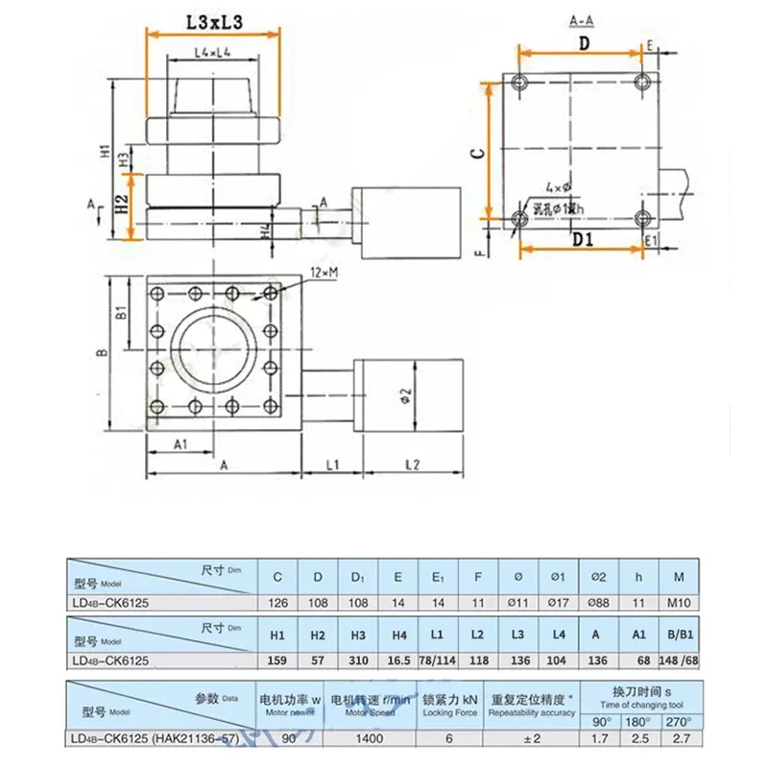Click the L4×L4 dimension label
(209, 52)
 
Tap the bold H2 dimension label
(121, 204)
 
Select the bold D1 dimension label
(583, 239)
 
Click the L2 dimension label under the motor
(412, 465)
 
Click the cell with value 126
(278, 602)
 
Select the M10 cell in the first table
(680, 602)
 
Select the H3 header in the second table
(357, 635)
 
